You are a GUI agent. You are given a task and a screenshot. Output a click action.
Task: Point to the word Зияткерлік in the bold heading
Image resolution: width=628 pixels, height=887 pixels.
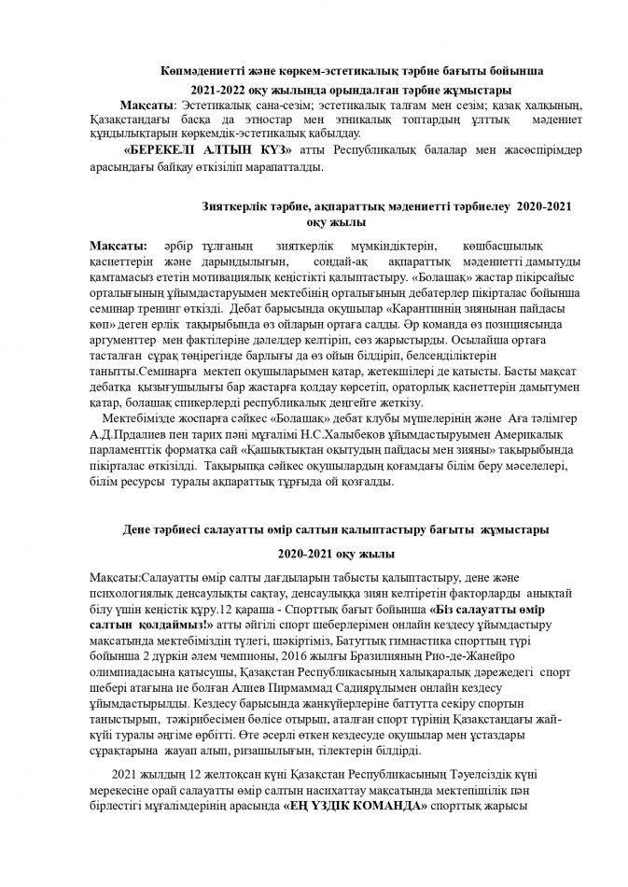click(235, 205)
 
